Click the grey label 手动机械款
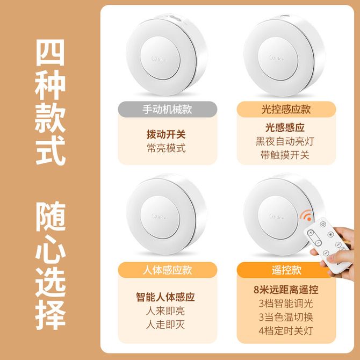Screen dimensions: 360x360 (167, 109)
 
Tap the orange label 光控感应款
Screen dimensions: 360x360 (286, 109)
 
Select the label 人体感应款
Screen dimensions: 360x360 (167, 270)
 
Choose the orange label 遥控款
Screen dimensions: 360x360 (286, 270)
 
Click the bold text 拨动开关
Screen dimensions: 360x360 (166, 134)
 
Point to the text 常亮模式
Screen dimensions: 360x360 (166, 148)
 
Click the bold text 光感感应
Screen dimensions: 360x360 (285, 127)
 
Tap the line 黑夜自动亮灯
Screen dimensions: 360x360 (285, 141)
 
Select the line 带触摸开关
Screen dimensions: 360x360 (285, 155)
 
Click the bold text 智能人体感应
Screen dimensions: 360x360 (165, 297)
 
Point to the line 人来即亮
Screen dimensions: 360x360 (165, 311)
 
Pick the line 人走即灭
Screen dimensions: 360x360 (165, 325)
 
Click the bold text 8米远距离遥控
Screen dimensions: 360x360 (286, 290)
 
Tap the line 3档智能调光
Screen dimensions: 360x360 (286, 304)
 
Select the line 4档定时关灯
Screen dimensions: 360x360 (286, 331)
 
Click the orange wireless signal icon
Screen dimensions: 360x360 (307, 215)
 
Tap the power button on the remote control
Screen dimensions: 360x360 (323, 224)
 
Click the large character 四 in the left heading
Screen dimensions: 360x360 (51, 53)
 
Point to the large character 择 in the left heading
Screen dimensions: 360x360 (51, 315)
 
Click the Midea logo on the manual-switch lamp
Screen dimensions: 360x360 (159, 59)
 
